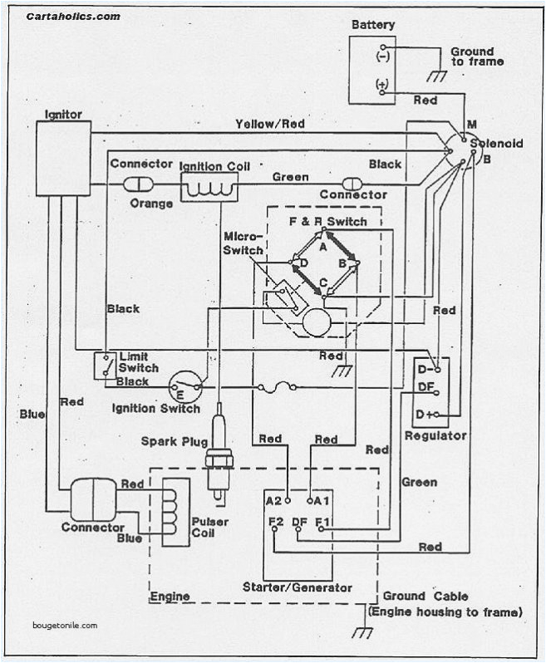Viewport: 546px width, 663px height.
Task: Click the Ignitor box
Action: pos(63,158)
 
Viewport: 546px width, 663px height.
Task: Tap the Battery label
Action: pos(373,25)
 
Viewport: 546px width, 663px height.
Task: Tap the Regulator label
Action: pos(435,435)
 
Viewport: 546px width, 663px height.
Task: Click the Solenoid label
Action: pos(496,144)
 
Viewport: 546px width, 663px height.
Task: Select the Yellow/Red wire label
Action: pos(270,124)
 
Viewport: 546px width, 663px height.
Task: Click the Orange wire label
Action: pos(152,204)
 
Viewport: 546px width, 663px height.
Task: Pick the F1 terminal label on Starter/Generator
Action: pos(323,523)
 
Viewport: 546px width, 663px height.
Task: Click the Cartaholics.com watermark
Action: pos(72,16)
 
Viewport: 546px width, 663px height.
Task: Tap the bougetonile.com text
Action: pos(66,626)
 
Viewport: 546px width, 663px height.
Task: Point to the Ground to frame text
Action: pos(477,56)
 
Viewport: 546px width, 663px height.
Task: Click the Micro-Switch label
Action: pos(243,244)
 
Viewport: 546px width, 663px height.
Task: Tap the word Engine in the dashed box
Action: pos(170,597)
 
